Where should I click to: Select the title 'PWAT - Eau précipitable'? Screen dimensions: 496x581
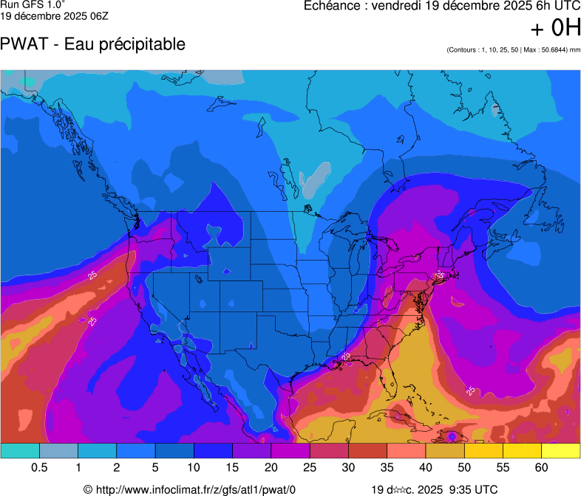(x=93, y=44)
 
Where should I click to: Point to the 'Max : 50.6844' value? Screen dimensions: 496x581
(x=543, y=50)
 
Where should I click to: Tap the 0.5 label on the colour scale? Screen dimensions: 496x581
(x=39, y=468)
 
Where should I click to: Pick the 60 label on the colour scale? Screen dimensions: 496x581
(x=542, y=468)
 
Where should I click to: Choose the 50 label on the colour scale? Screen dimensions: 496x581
(x=464, y=468)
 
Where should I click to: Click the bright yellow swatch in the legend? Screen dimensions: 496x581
(x=560, y=450)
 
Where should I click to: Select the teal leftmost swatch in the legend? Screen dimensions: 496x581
(x=20, y=450)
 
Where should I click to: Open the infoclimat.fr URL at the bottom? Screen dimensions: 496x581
(x=195, y=489)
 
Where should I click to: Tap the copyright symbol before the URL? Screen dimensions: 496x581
(x=88, y=489)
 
